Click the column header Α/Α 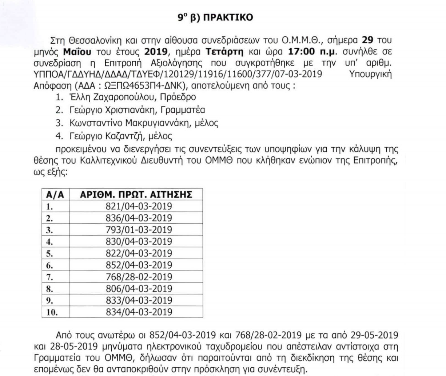point(55,195)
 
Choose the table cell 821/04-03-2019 point(139,207)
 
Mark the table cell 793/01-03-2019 point(139,230)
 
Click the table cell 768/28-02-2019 point(139,277)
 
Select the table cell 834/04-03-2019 point(139,312)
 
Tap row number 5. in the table point(49,253)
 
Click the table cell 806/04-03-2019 point(139,289)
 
